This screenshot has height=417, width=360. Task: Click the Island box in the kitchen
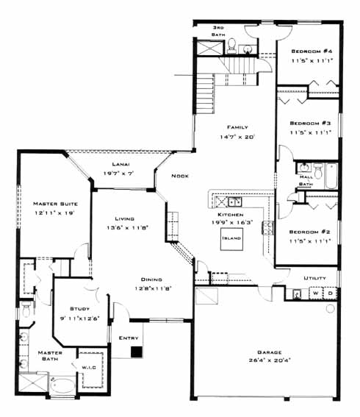231,239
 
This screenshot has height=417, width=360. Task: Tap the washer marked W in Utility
316,293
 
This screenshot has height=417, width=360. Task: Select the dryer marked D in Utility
330,293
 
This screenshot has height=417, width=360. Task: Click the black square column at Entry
137,352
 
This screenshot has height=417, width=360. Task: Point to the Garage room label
270,352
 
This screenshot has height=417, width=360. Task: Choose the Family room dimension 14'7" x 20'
237,137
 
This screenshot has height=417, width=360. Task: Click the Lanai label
120,164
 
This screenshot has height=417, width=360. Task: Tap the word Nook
180,176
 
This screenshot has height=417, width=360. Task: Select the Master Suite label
56,204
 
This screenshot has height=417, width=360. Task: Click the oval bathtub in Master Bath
62,385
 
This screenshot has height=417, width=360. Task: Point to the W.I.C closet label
89,368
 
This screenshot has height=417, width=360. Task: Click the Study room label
79,309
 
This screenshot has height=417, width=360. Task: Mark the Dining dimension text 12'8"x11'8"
154,288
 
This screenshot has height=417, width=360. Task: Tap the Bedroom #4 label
312,51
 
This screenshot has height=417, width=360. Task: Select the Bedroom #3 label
310,123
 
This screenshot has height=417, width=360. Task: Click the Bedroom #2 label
310,232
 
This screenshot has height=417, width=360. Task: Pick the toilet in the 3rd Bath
232,45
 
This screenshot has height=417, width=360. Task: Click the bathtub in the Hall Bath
331,176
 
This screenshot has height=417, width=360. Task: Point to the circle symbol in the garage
330,308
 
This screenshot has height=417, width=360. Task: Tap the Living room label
124,218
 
